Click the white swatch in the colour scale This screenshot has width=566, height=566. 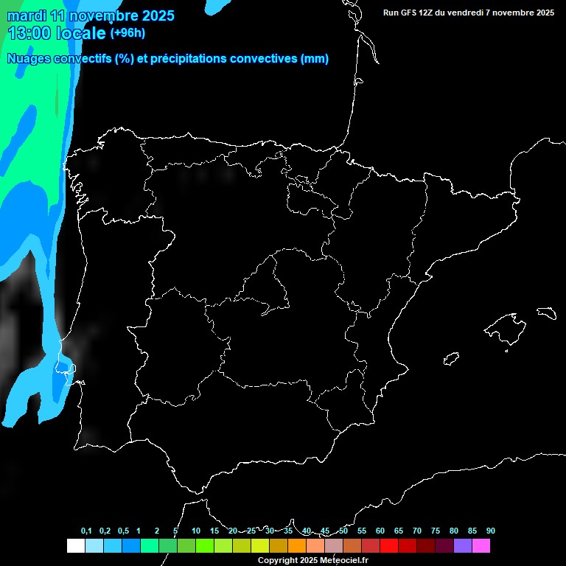point(75,545)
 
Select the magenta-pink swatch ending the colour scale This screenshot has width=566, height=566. point(481,545)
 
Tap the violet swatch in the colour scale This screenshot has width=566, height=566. point(463,545)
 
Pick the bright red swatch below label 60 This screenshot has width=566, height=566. point(389,545)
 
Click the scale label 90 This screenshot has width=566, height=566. point(491,531)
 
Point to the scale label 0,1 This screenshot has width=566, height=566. point(86,531)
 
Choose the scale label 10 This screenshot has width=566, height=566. point(196,531)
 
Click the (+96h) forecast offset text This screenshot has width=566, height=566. point(127,32)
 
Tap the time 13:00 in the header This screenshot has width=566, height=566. point(30,32)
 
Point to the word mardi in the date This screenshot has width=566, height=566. point(26,15)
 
